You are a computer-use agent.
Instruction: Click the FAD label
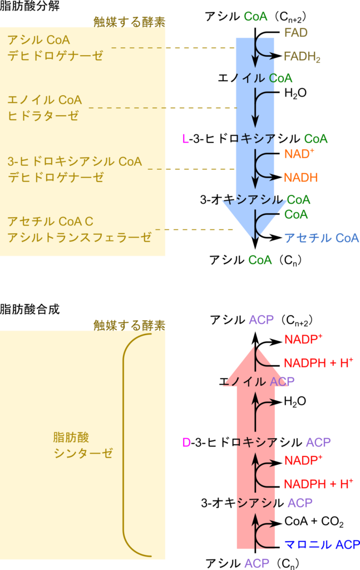[295, 32]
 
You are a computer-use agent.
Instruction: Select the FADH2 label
[302, 57]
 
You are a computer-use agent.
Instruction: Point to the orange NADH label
[300, 178]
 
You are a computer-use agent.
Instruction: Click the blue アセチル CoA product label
[322, 238]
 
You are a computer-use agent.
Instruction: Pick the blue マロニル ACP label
[322, 544]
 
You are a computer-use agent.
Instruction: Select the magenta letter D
[186, 443]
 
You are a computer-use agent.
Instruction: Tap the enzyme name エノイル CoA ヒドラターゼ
[45, 108]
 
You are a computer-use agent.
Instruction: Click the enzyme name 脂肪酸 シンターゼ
[83, 445]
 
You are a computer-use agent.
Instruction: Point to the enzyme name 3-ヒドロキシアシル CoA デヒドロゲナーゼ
[75, 169]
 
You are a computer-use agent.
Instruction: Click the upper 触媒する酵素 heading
[130, 22]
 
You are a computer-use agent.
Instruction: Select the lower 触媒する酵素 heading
[130, 325]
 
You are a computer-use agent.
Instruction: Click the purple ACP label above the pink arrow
[261, 320]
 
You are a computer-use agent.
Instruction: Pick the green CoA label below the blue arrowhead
[260, 259]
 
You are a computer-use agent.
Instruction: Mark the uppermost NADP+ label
[303, 339]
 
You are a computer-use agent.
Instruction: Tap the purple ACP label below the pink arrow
[257, 563]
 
